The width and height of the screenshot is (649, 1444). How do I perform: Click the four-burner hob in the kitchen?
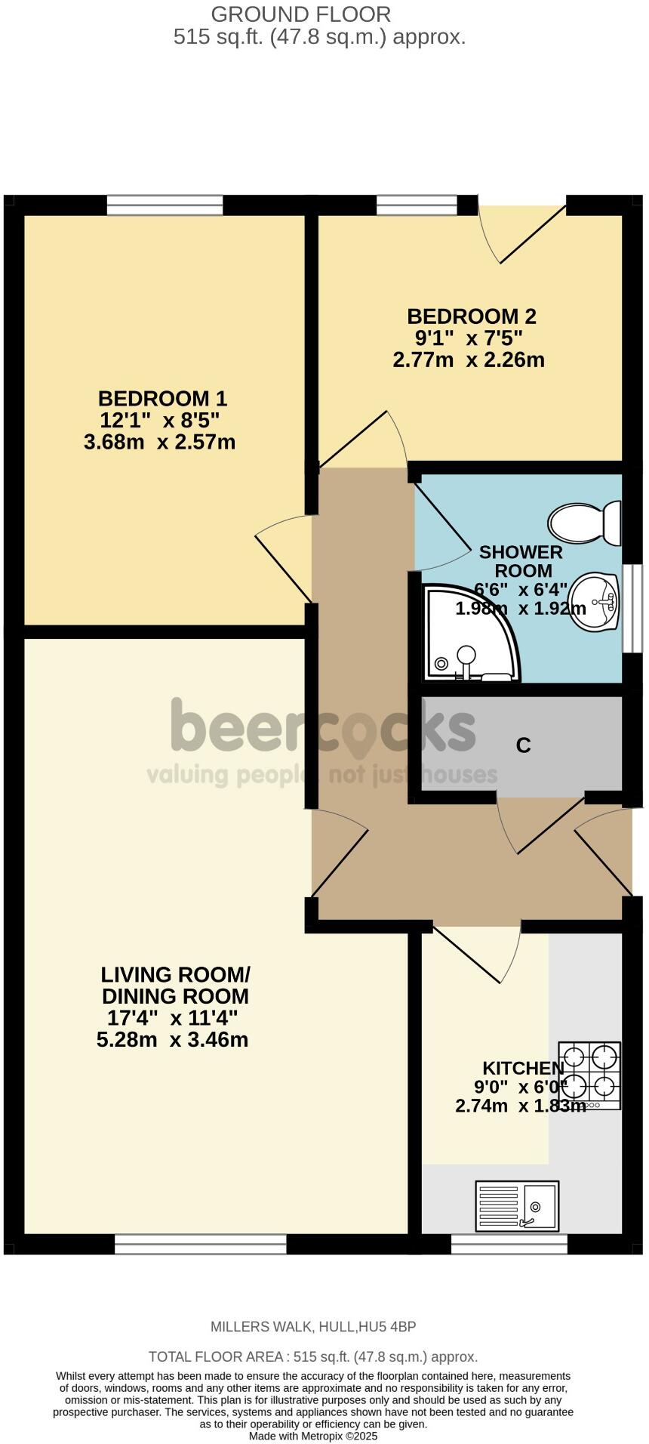point(589,1075)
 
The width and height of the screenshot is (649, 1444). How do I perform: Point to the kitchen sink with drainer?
point(517,1205)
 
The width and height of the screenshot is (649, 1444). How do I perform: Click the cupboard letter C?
point(523,745)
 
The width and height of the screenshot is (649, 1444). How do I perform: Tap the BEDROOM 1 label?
point(162,398)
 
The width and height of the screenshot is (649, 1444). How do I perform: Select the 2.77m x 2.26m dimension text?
point(469,359)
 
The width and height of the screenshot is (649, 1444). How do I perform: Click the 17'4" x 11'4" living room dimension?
point(173,1017)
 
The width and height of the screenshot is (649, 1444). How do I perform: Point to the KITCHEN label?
point(523,1068)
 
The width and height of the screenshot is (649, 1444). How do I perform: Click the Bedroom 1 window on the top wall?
point(165,205)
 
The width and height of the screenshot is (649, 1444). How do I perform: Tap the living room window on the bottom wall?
point(201,1244)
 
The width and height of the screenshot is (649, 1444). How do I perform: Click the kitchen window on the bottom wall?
point(509,1244)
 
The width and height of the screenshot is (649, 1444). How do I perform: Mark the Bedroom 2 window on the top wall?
point(417,204)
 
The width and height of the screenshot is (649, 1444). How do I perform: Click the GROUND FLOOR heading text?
point(300,14)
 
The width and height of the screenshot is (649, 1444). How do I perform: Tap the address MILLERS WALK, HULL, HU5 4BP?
point(313,1326)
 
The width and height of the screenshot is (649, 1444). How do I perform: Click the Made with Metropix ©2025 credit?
point(313,1436)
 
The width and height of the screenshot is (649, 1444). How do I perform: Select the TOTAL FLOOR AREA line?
point(313,1356)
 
